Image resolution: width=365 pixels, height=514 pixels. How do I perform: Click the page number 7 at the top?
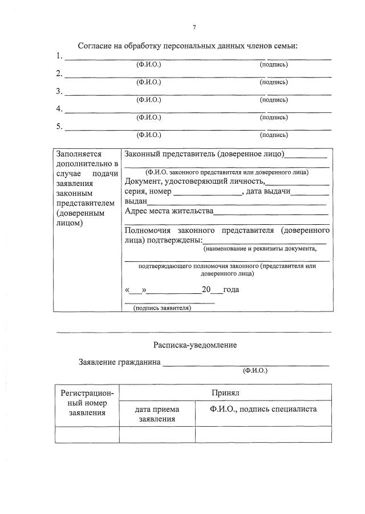click(x=194, y=27)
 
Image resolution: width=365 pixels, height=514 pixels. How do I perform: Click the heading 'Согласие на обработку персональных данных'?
click(x=188, y=46)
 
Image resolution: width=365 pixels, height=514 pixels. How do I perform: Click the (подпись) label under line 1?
click(x=274, y=64)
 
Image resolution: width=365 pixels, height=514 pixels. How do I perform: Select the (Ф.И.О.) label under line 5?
click(x=149, y=135)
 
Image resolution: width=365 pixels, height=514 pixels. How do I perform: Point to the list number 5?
click(x=59, y=127)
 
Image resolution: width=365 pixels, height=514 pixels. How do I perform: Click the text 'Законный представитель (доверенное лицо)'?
click(x=204, y=153)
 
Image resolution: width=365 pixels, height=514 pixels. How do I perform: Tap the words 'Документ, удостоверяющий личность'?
click(x=194, y=182)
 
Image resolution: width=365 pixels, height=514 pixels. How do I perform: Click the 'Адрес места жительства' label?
click(x=168, y=211)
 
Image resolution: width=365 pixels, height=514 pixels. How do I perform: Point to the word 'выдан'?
click(x=136, y=201)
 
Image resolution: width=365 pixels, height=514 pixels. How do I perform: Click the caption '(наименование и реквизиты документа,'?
click(x=259, y=249)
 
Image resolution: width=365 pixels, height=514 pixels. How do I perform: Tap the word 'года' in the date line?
click(x=231, y=289)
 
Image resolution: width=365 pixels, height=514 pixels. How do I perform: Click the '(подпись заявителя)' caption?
click(x=162, y=308)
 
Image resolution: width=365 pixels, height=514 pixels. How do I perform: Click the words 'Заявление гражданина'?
click(x=119, y=362)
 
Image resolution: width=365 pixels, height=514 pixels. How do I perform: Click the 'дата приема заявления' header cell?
click(x=157, y=414)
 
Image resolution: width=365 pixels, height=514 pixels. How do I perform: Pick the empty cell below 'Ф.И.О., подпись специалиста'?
click(x=263, y=435)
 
